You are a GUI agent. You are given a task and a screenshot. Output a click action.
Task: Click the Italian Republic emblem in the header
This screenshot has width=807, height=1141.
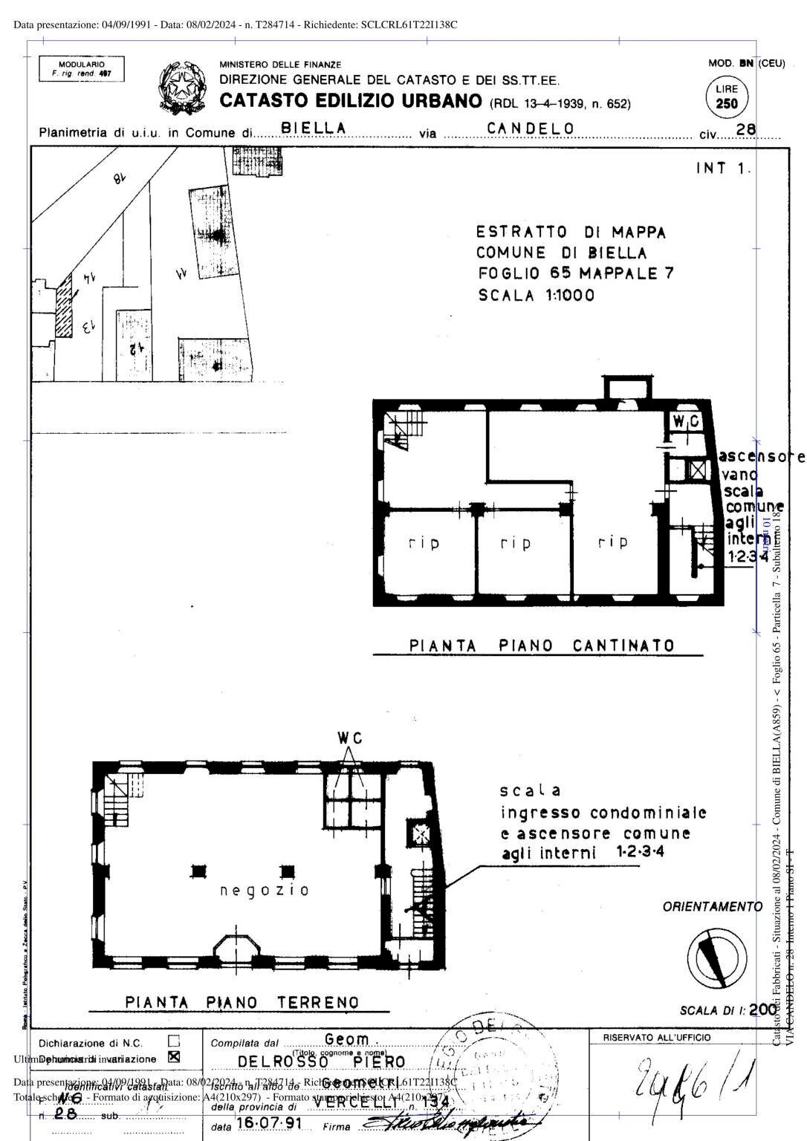(x=182, y=88)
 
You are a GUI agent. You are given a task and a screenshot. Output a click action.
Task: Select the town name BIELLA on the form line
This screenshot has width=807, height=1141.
(x=314, y=129)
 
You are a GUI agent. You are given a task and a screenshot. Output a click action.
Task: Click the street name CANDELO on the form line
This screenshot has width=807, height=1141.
(x=531, y=129)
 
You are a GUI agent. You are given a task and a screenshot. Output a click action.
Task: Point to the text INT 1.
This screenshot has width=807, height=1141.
(x=723, y=169)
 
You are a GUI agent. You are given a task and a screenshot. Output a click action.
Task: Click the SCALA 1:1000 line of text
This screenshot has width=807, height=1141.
(x=536, y=296)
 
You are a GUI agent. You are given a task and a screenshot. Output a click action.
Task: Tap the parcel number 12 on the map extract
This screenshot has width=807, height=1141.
(x=136, y=347)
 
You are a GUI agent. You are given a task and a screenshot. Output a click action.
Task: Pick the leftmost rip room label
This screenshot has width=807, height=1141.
(x=424, y=543)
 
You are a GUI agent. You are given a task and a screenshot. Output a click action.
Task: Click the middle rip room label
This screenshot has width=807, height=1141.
(x=515, y=543)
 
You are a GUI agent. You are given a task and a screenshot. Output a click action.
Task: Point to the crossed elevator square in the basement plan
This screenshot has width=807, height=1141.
(x=697, y=470)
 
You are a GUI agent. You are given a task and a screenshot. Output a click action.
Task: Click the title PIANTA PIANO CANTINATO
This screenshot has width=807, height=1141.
(x=542, y=646)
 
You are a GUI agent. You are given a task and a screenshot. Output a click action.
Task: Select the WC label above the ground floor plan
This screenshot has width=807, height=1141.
(x=349, y=738)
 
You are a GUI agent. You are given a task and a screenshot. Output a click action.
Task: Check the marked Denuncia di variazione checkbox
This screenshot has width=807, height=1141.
(x=174, y=1057)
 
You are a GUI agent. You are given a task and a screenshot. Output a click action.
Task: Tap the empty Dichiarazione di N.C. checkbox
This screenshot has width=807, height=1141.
(x=174, y=1042)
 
